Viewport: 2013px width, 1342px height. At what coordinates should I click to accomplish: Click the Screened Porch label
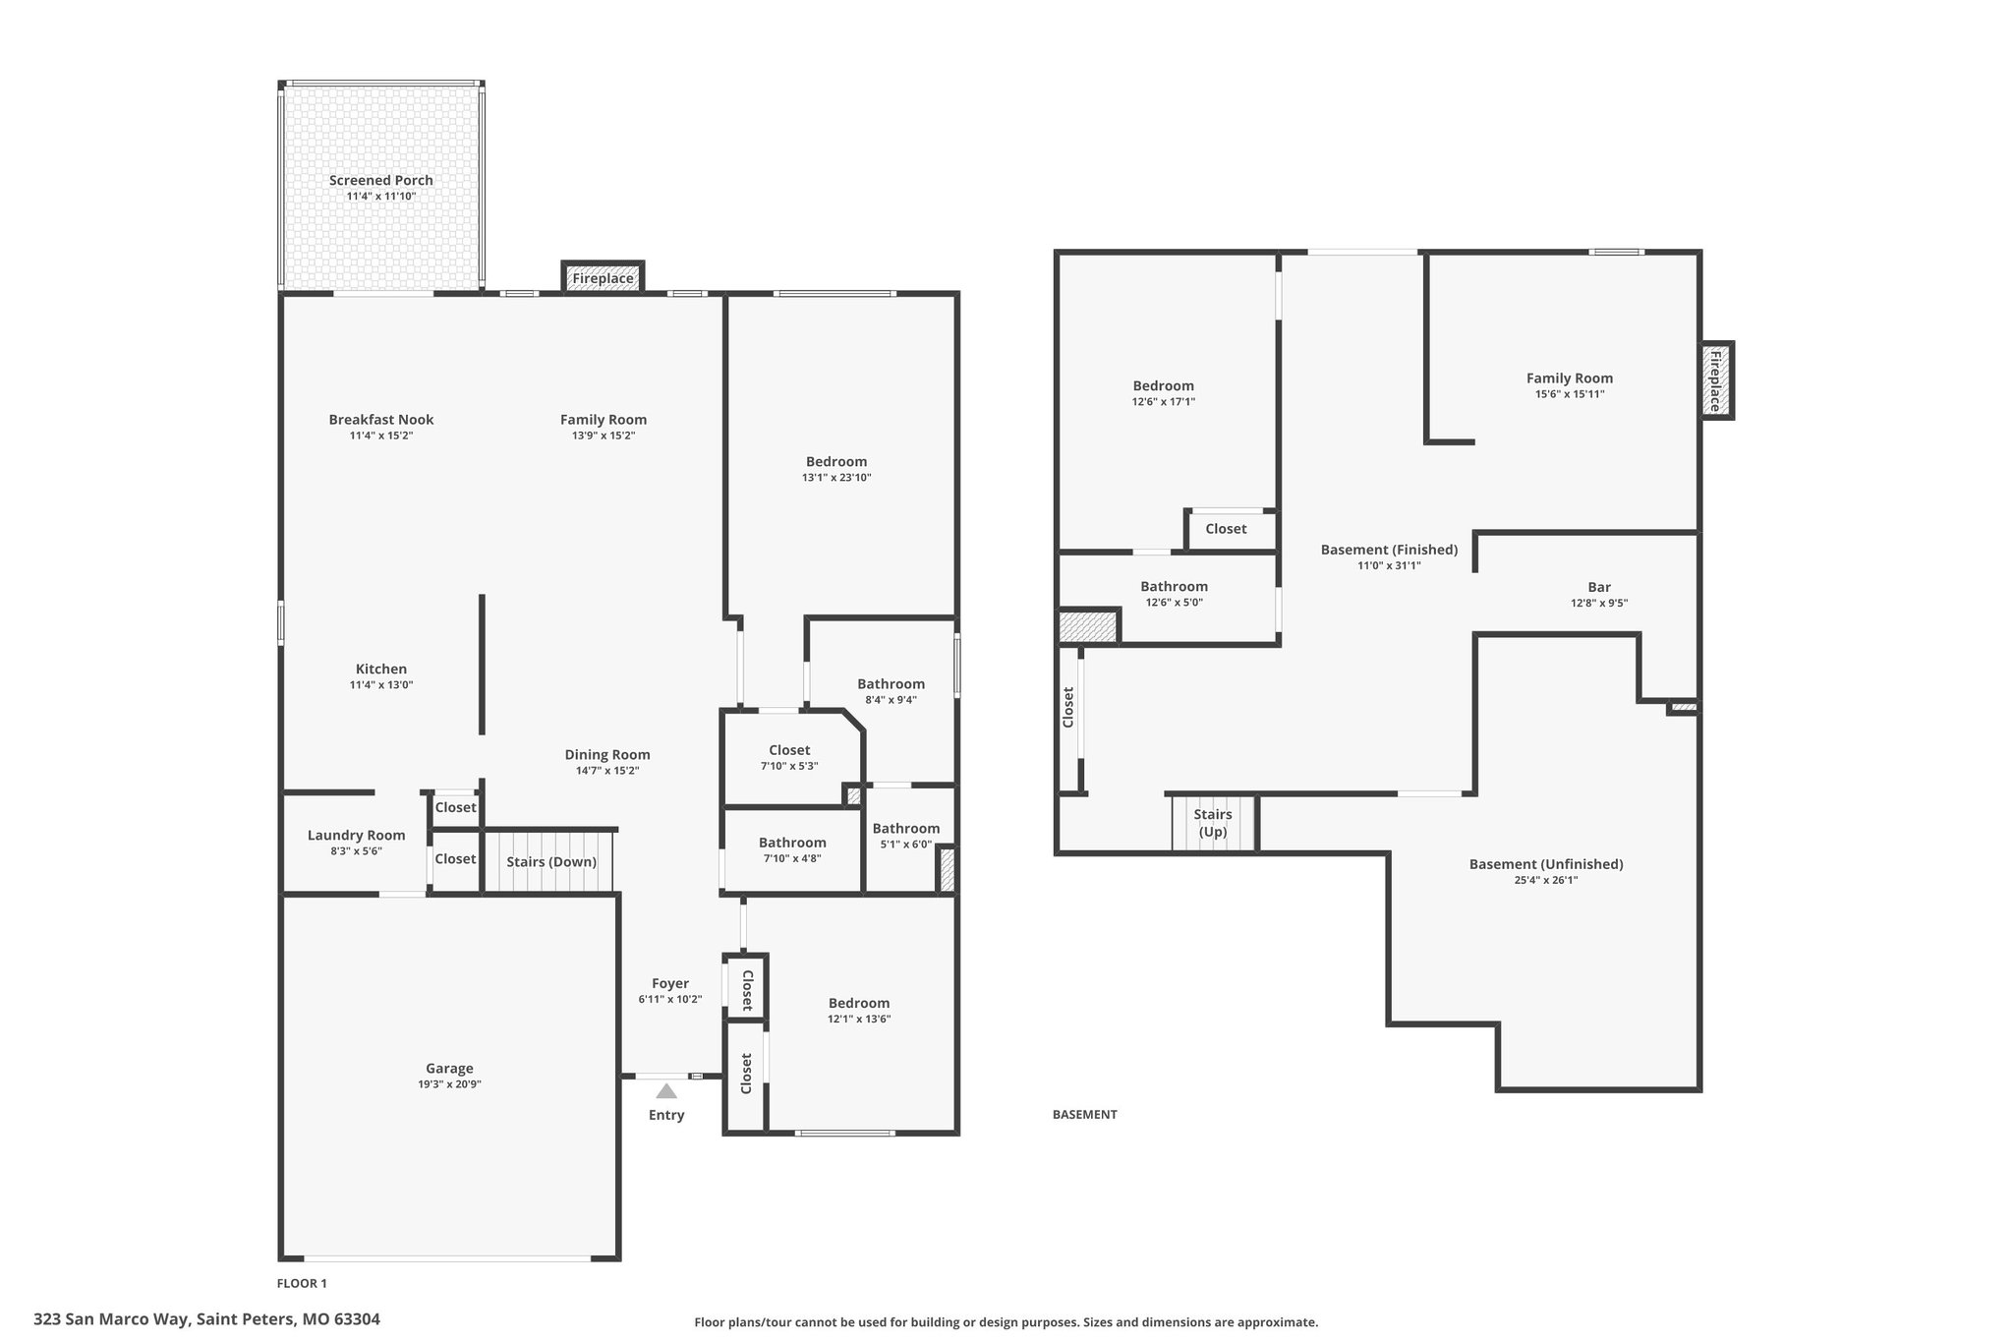[381, 180]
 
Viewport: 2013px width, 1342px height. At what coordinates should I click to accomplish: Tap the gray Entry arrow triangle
[666, 1090]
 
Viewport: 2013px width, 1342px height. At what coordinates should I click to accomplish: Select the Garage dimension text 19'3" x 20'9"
[449, 1084]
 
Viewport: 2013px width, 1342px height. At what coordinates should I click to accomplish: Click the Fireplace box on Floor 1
[603, 277]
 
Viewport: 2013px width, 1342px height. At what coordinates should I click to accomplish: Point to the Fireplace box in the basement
[1716, 380]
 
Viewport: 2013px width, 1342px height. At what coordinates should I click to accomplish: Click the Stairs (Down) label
[551, 862]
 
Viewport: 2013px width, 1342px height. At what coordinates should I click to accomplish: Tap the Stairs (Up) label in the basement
[1213, 823]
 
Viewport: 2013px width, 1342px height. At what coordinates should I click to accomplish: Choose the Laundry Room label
[356, 836]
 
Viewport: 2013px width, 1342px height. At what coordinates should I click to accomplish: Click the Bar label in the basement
[1599, 587]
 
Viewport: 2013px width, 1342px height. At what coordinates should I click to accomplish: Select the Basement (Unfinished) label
[1546, 864]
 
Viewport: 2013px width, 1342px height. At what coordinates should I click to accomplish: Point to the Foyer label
[670, 983]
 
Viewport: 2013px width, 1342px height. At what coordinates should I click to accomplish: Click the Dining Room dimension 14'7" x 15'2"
[607, 771]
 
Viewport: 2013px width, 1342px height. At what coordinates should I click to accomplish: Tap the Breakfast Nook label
[381, 420]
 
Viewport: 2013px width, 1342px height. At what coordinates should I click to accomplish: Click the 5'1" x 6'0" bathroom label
[906, 844]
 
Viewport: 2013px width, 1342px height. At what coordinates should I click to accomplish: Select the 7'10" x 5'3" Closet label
[789, 766]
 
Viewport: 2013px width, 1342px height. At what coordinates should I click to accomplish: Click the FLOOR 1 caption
[302, 1283]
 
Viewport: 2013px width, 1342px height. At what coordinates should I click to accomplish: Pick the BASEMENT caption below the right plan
[1085, 1115]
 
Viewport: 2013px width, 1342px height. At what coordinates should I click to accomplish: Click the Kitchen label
[381, 670]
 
